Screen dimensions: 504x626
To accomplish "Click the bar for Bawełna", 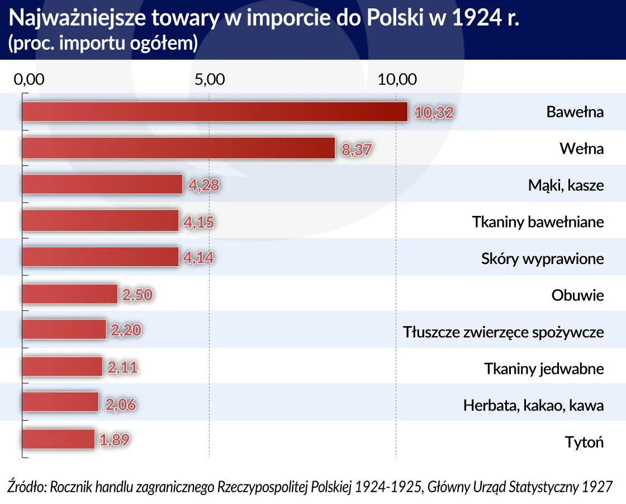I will point(215,112).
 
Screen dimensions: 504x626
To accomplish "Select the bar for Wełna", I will point(178,148).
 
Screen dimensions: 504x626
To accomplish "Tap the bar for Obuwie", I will point(70,294).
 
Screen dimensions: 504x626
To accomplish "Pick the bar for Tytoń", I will point(58,440).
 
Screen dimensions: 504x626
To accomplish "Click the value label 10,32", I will point(434,112).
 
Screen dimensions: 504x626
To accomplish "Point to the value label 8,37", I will point(356,149).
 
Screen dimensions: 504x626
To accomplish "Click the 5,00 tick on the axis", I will point(210,79).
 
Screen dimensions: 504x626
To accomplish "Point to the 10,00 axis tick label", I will point(397,79).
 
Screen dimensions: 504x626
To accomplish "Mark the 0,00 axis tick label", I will point(28,79).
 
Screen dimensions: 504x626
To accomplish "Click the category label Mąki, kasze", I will point(566,185).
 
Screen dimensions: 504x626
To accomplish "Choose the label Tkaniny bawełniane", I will point(538,222).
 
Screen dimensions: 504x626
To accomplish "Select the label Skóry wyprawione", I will point(542,259).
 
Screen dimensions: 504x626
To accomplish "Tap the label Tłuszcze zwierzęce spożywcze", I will point(503,332).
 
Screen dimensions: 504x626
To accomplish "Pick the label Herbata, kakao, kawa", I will point(533,405).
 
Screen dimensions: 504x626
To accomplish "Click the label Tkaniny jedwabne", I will point(543,369).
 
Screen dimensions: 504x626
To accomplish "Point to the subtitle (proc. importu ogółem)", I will point(103,44).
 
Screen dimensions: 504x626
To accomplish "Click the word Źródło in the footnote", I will point(26,487).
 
